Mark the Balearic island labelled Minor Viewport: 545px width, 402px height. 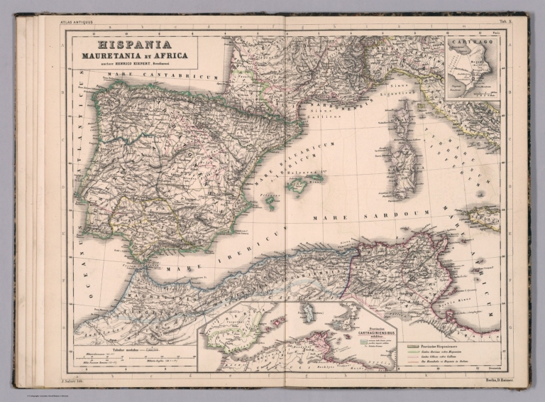click(x=317, y=176)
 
